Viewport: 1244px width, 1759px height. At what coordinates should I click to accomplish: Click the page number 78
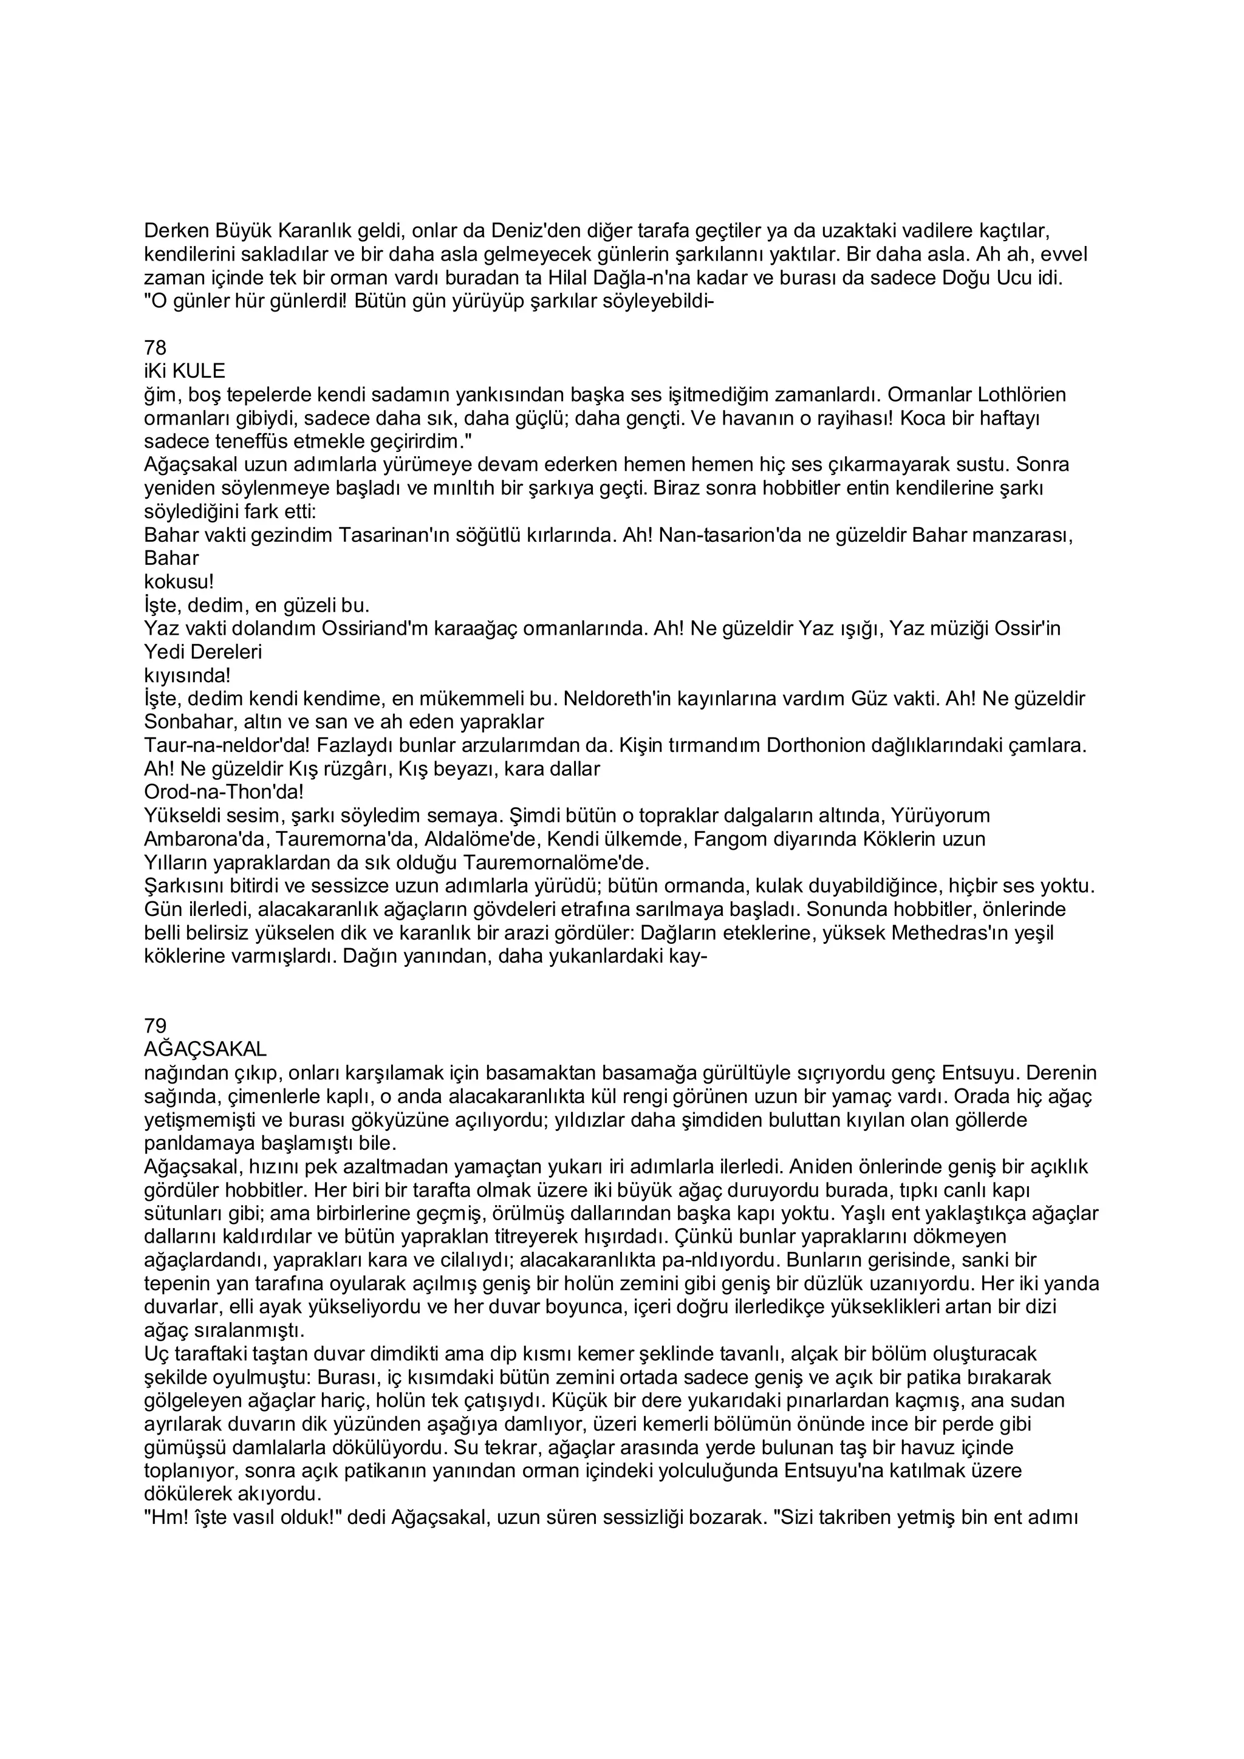(x=155, y=349)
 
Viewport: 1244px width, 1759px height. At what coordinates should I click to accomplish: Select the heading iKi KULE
(x=185, y=372)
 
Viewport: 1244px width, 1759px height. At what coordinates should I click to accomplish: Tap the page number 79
(x=155, y=1026)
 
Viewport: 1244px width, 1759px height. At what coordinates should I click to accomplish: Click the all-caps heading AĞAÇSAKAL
(x=205, y=1049)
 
